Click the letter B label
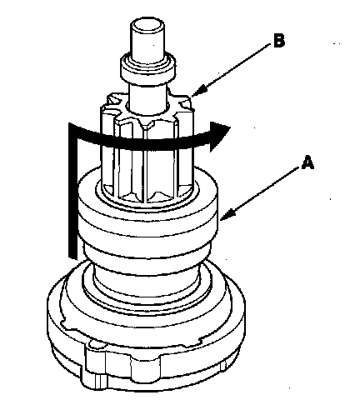pos(279,41)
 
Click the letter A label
pos(307,162)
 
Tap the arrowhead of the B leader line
pos(197,92)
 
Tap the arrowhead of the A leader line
pos(227,215)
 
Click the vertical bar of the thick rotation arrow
pos(72,192)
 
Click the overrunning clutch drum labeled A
pos(147,211)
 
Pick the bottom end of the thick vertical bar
pos(72,257)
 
